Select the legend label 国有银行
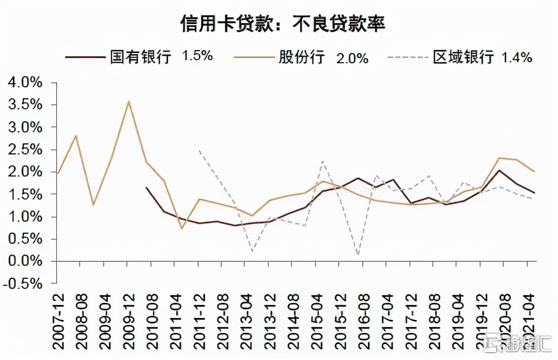[141, 56]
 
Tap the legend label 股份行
[302, 57]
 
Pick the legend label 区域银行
[463, 57]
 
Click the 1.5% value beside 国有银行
[197, 56]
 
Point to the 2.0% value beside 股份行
[352, 58]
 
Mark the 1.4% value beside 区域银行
[517, 57]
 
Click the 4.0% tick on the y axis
[25, 83]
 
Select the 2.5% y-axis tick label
[25, 149]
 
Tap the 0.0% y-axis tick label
[25, 261]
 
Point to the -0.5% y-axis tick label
[23, 283]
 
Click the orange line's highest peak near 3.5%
[129, 101]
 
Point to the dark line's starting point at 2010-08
[146, 188]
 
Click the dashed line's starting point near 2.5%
[199, 150]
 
